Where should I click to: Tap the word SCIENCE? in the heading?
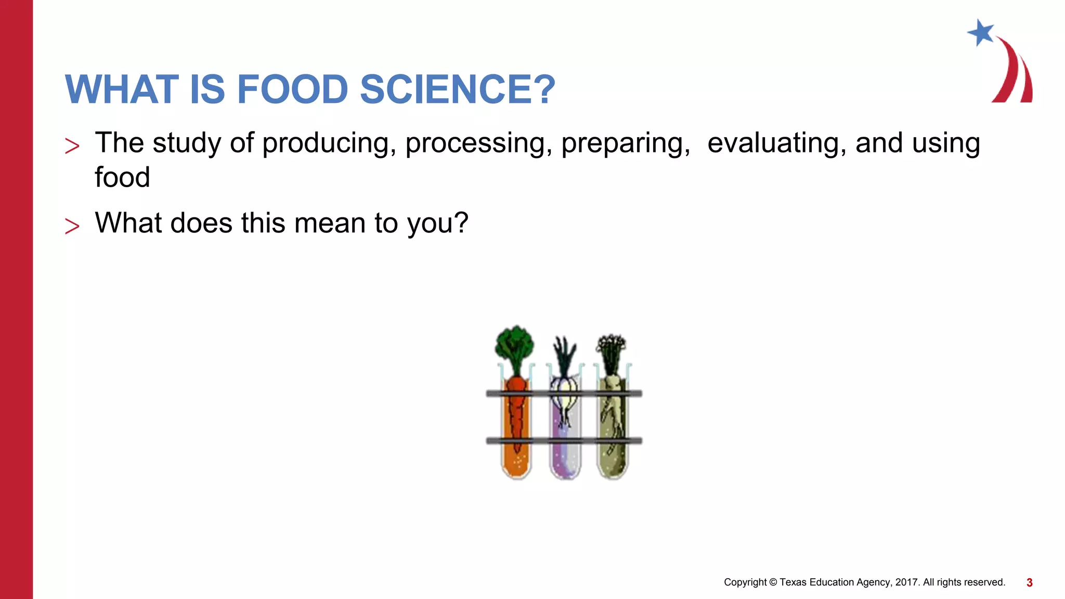(x=458, y=89)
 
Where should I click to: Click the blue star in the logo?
(x=981, y=33)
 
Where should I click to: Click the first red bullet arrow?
(x=72, y=146)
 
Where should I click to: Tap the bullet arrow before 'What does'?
(x=72, y=226)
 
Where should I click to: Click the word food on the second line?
(x=122, y=177)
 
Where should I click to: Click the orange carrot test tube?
(x=516, y=432)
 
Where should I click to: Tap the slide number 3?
(x=1029, y=583)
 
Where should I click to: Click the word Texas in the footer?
(x=793, y=582)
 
